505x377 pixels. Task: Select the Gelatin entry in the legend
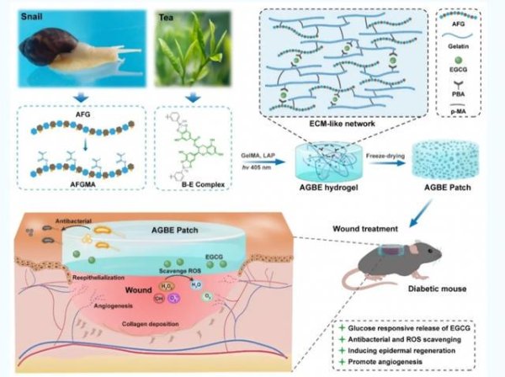pos(468,49)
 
